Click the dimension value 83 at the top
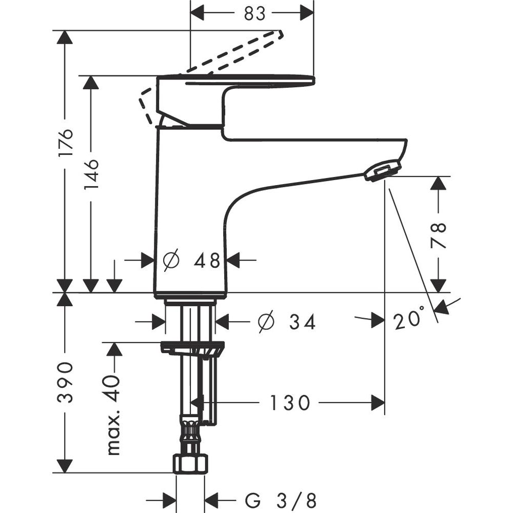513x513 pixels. (255, 13)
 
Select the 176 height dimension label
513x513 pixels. (65, 142)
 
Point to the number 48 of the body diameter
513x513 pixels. (207, 261)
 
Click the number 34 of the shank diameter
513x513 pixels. (302, 322)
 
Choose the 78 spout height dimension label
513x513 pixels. (439, 235)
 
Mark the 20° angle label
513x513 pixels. (409, 321)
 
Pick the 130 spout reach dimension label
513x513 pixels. (290, 403)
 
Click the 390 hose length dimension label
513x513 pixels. (65, 382)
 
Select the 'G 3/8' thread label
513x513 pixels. (281, 499)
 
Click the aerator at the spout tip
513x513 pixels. (382, 170)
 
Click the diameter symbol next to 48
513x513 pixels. (171, 261)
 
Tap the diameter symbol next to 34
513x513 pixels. (266, 322)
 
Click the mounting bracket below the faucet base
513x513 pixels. (192, 349)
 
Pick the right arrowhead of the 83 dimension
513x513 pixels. (307, 13)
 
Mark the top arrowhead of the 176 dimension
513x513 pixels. (65, 37)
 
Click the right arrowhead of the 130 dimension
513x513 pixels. (379, 403)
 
